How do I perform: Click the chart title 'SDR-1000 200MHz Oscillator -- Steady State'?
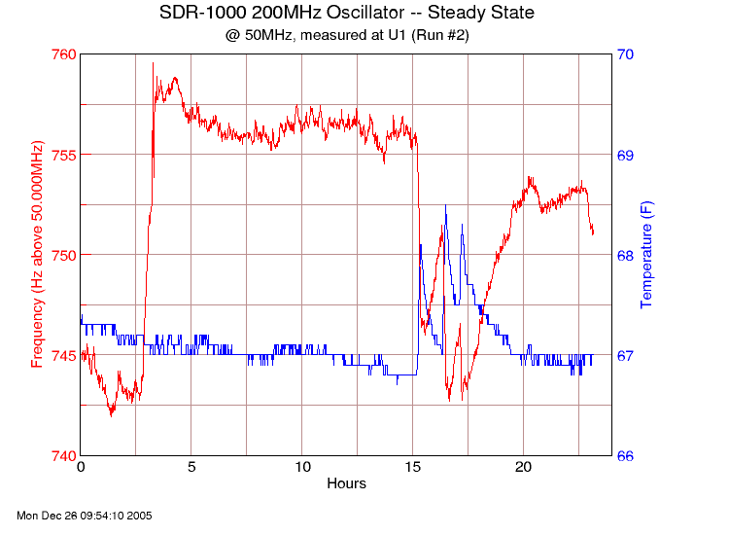[346, 13]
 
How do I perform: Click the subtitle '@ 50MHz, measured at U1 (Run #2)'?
[346, 35]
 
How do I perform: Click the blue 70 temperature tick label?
[627, 54]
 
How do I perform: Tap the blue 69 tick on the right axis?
[627, 155]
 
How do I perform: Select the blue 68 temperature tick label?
[627, 255]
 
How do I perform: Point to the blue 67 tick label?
[627, 355]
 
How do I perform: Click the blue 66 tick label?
[627, 455]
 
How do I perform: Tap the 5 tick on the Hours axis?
[191, 468]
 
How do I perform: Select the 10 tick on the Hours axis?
[302, 468]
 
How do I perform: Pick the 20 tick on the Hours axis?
[524, 468]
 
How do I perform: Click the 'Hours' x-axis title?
[346, 483]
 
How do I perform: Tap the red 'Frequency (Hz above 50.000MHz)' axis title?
[37, 255]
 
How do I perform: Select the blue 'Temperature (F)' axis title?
[646, 255]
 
